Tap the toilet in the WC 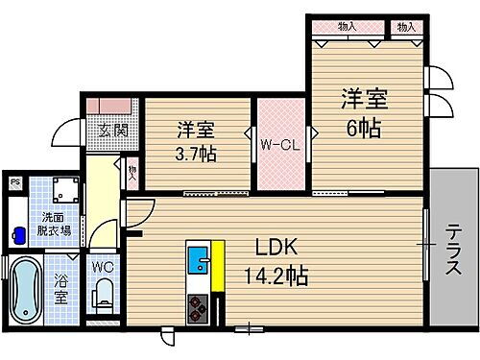coord(105,296)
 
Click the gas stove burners coord(197,308)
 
